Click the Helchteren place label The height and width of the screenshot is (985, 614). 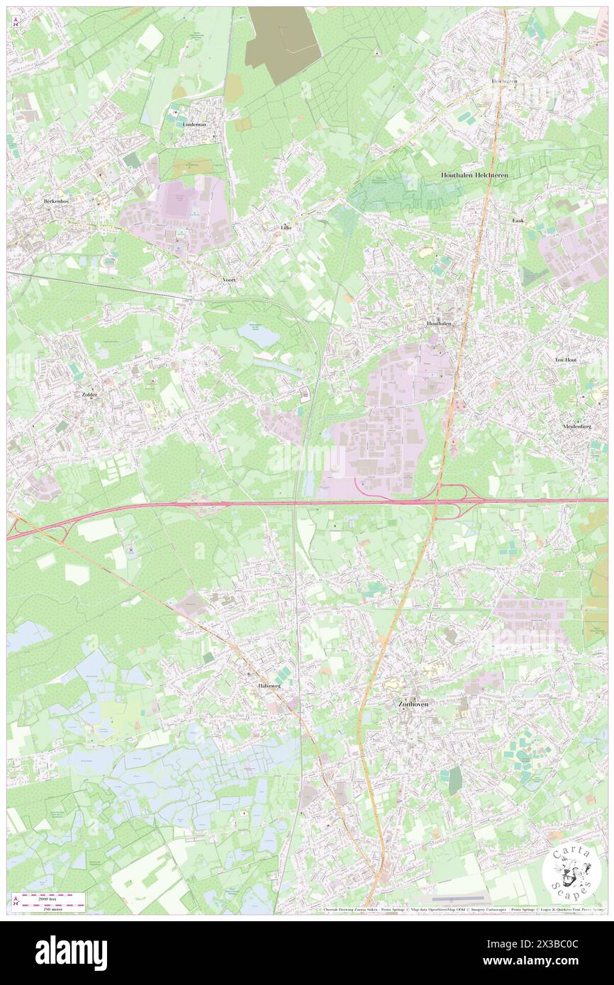click(504, 81)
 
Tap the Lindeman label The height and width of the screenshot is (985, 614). click(194, 124)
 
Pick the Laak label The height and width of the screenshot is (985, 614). click(518, 220)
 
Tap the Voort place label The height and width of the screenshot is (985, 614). click(228, 280)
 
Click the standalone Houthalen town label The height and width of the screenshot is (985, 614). click(439, 323)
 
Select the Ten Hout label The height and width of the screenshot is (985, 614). click(565, 360)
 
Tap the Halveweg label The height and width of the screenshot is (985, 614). click(269, 686)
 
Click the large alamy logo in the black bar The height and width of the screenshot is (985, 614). click(72, 953)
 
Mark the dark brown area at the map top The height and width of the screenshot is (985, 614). click(284, 45)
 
